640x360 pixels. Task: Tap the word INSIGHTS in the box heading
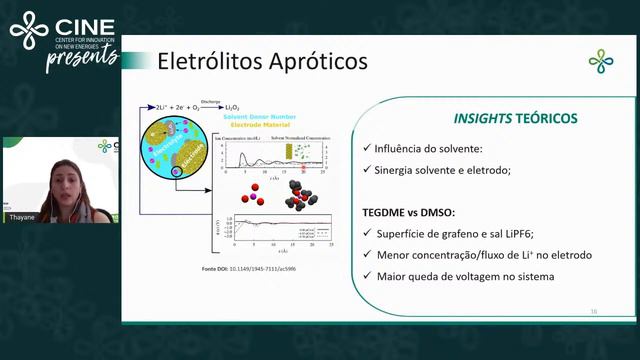[483, 118]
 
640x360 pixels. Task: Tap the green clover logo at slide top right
[601, 62]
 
